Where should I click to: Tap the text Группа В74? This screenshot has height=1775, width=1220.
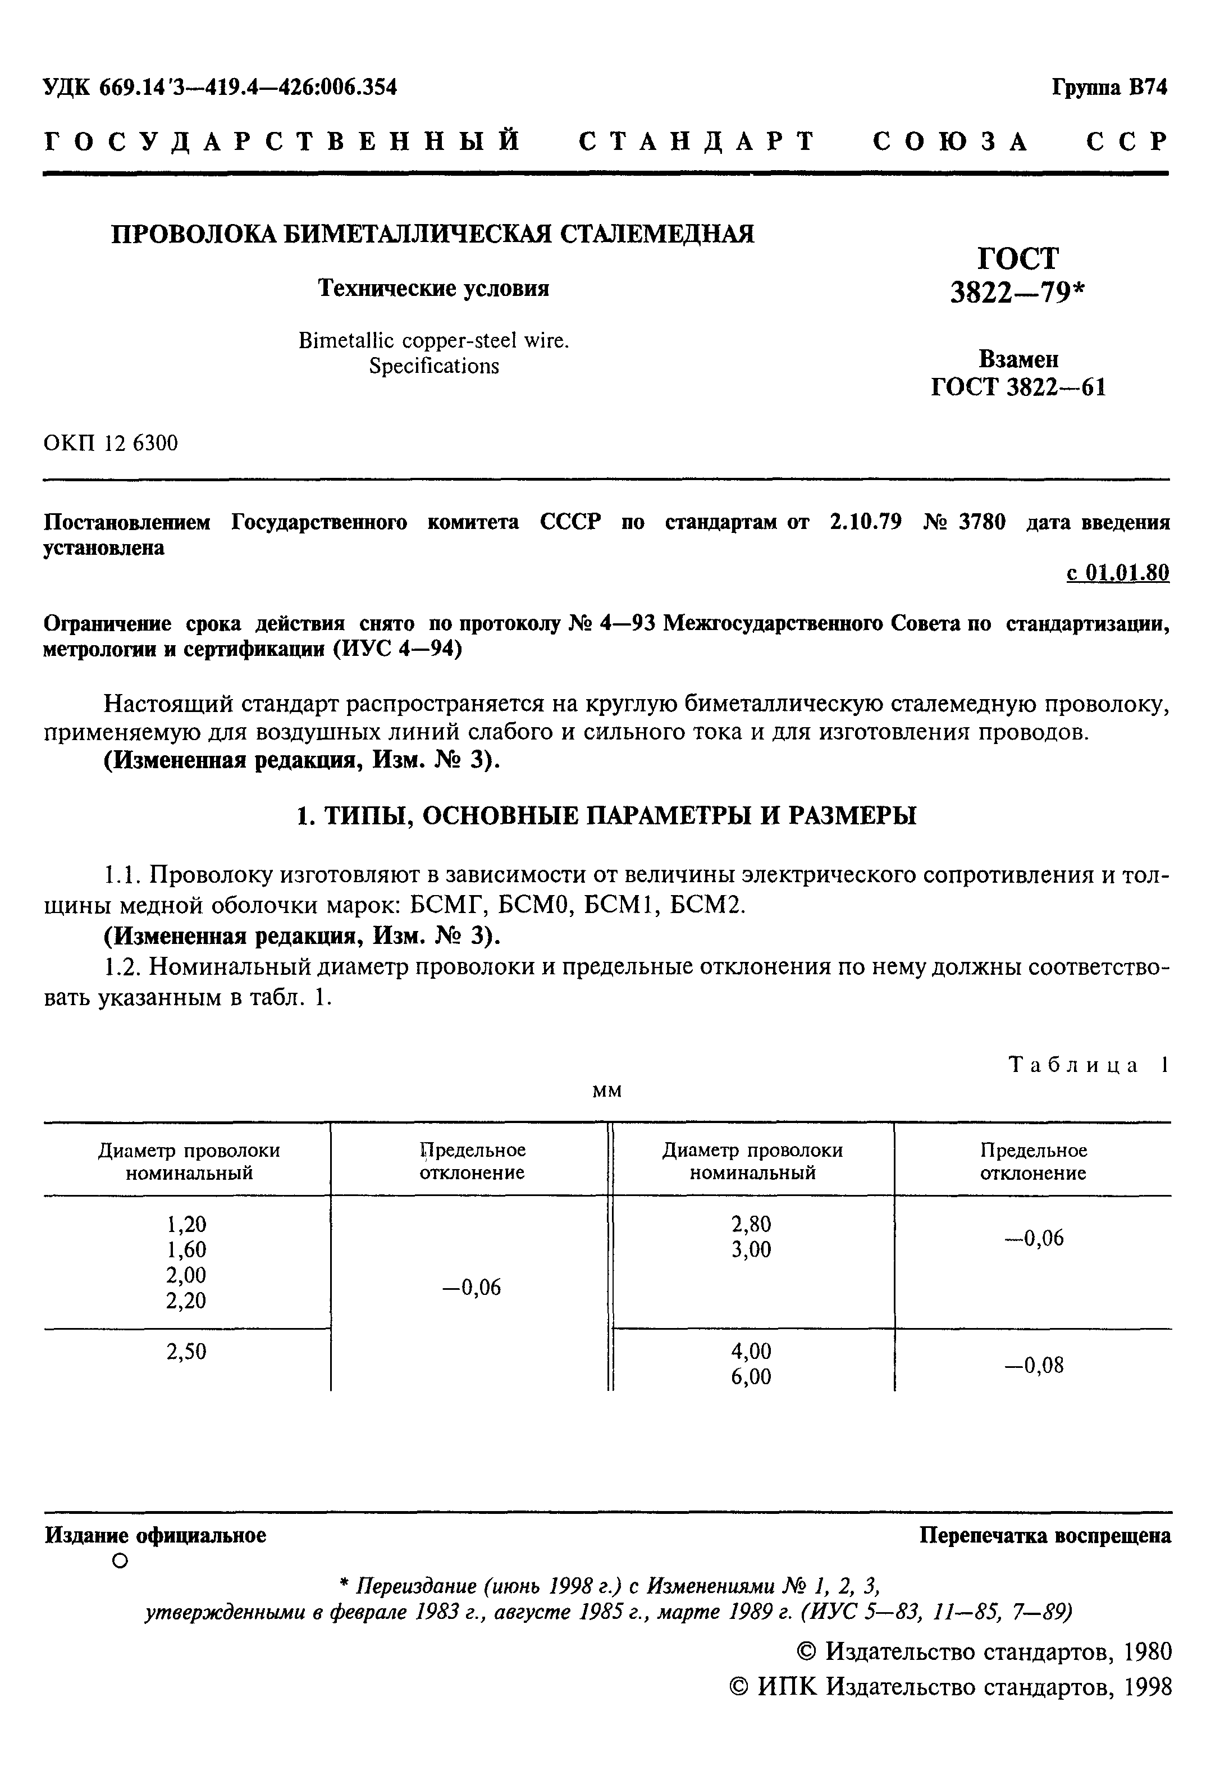click(1109, 87)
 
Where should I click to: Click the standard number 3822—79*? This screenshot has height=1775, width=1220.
click(1017, 291)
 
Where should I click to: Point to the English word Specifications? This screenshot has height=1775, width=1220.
click(433, 366)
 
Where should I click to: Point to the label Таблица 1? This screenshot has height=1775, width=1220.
click(1089, 1065)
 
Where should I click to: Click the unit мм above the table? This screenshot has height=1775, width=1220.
click(607, 1092)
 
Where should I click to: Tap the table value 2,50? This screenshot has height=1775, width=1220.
click(186, 1352)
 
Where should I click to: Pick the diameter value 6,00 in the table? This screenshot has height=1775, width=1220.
click(751, 1377)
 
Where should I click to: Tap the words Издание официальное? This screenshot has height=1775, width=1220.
click(155, 1535)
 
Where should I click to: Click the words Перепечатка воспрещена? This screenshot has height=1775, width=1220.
click(1044, 1535)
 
